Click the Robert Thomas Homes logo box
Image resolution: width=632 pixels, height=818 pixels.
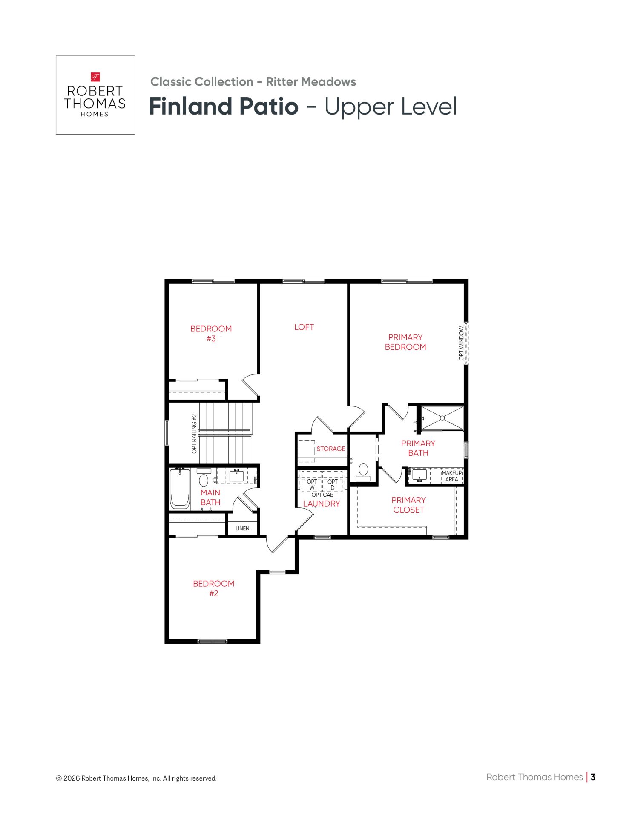pyautogui.click(x=95, y=95)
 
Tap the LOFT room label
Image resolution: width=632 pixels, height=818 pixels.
pyautogui.click(x=304, y=327)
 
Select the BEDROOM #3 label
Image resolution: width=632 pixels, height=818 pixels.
pyautogui.click(x=211, y=334)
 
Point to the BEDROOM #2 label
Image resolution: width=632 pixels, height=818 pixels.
pyautogui.click(x=214, y=588)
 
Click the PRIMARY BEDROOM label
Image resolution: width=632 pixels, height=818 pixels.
pyautogui.click(x=405, y=342)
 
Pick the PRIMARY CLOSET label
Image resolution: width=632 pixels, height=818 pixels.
pyautogui.click(x=409, y=505)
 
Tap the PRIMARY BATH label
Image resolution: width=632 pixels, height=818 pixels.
pyautogui.click(x=418, y=448)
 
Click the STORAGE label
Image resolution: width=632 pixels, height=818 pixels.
pyautogui.click(x=331, y=449)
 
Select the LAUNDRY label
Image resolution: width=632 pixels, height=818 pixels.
pyautogui.click(x=322, y=504)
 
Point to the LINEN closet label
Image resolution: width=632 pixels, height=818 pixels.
pyautogui.click(x=242, y=528)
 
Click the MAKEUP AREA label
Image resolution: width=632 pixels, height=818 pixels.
pyautogui.click(x=452, y=476)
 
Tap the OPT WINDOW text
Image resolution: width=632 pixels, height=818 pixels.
pyautogui.click(x=461, y=343)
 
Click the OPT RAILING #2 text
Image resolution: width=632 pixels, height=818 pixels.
pyautogui.click(x=194, y=434)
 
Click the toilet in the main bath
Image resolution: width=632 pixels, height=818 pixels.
pyautogui.click(x=204, y=477)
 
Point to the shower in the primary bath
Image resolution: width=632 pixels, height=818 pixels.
pyautogui.click(x=442, y=418)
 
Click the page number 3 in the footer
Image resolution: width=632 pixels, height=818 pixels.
pyautogui.click(x=593, y=777)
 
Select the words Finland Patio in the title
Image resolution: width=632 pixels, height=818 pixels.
pyautogui.click(x=224, y=106)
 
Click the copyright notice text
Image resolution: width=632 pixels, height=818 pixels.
pyautogui.click(x=136, y=778)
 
